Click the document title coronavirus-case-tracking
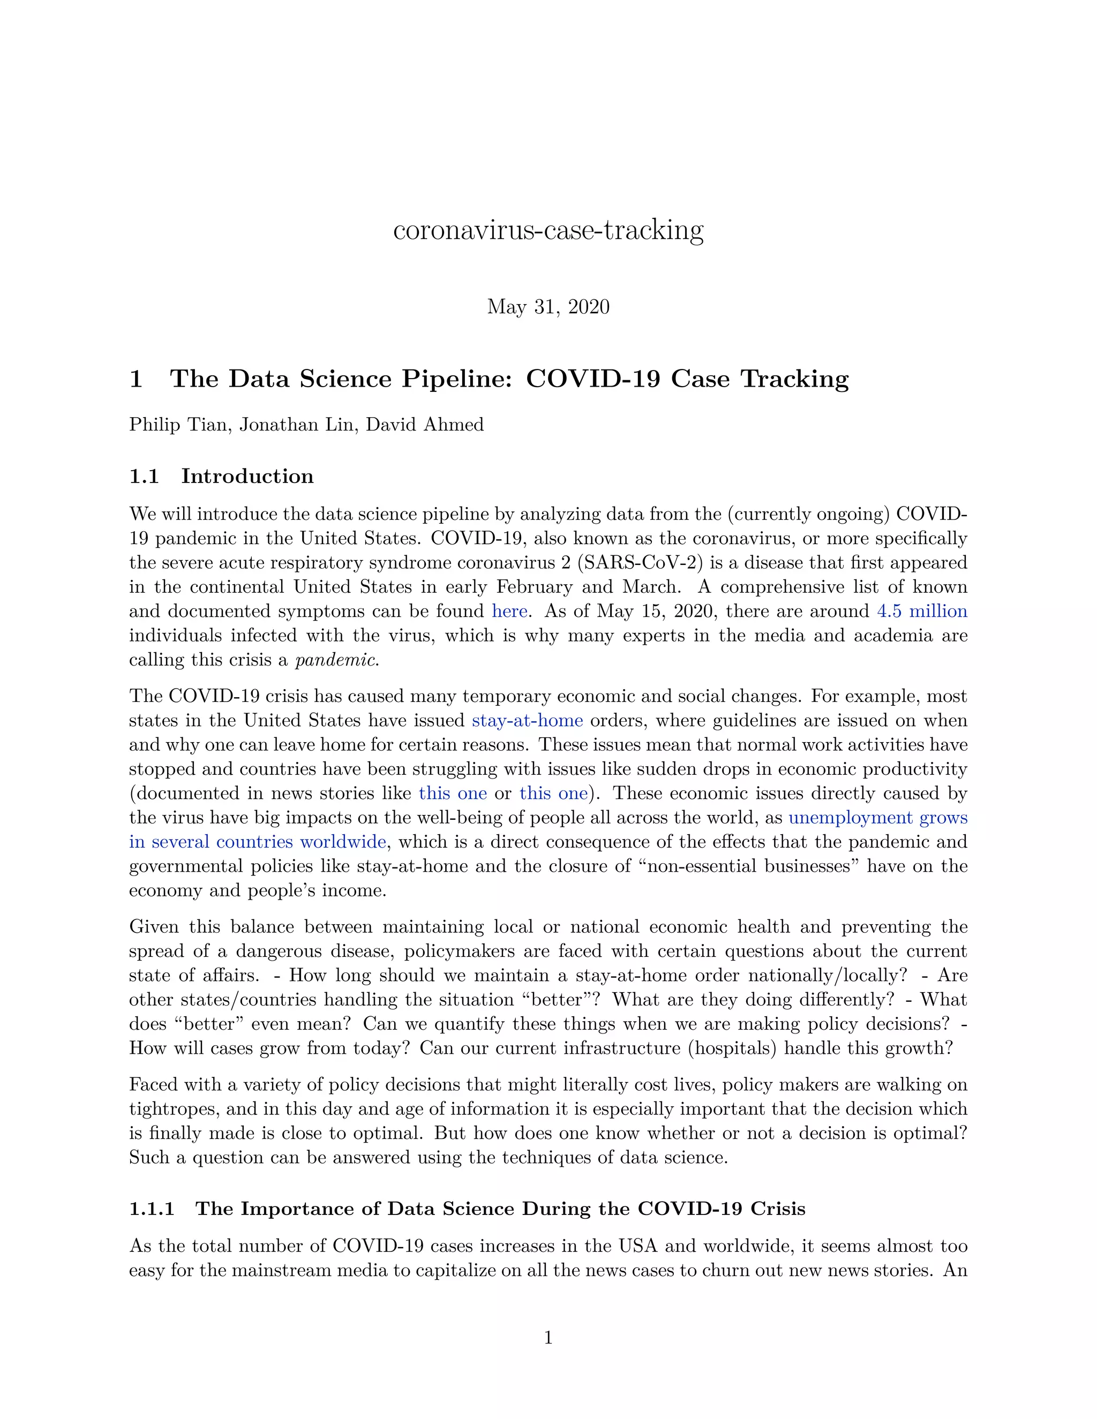(548, 231)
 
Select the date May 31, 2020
(548, 307)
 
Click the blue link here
(509, 612)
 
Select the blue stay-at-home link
(527, 721)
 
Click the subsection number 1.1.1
(152, 1209)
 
